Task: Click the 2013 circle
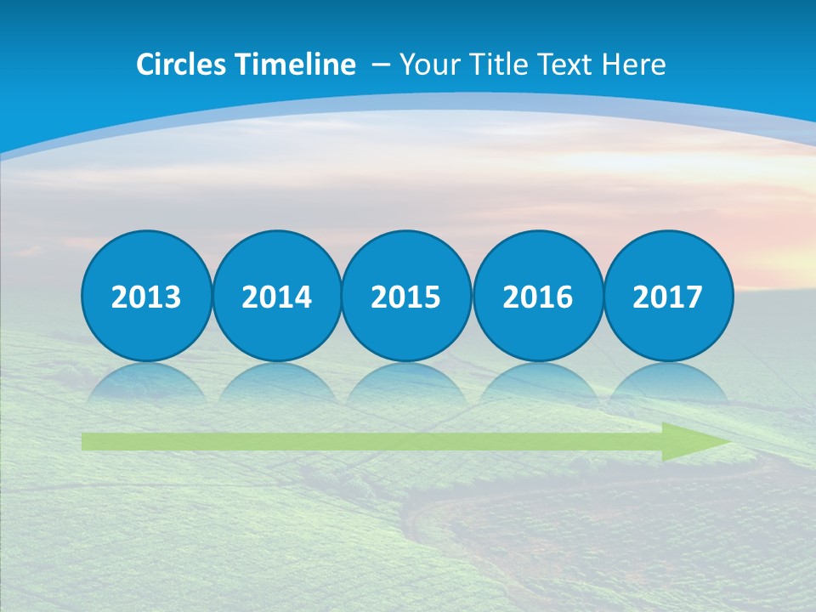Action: [x=146, y=296]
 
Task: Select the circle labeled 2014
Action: [x=276, y=296]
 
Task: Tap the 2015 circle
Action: [x=406, y=296]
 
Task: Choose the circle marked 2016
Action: [x=537, y=296]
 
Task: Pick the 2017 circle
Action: [x=667, y=296]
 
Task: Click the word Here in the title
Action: [x=634, y=65]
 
